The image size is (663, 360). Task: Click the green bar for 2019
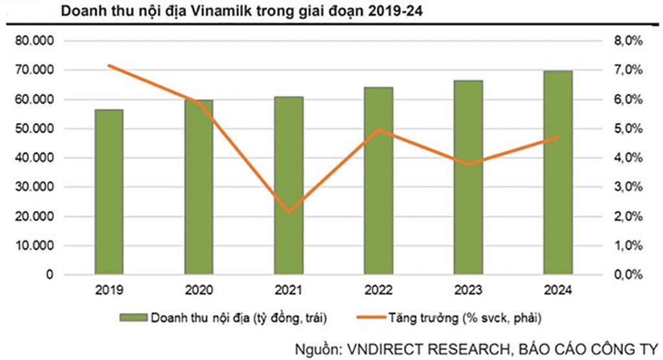point(109,192)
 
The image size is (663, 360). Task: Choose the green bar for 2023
point(468,177)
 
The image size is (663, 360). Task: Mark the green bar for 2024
point(557,172)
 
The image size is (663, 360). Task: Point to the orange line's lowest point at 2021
point(289,212)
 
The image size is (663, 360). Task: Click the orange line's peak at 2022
point(378,130)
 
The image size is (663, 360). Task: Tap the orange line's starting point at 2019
point(109,65)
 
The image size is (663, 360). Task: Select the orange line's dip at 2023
point(468,164)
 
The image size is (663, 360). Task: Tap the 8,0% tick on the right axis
point(627,41)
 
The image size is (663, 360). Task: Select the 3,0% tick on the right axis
point(627,187)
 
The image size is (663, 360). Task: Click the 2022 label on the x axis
point(378,291)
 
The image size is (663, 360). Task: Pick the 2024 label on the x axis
point(557,291)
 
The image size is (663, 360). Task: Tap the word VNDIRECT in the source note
point(380,348)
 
